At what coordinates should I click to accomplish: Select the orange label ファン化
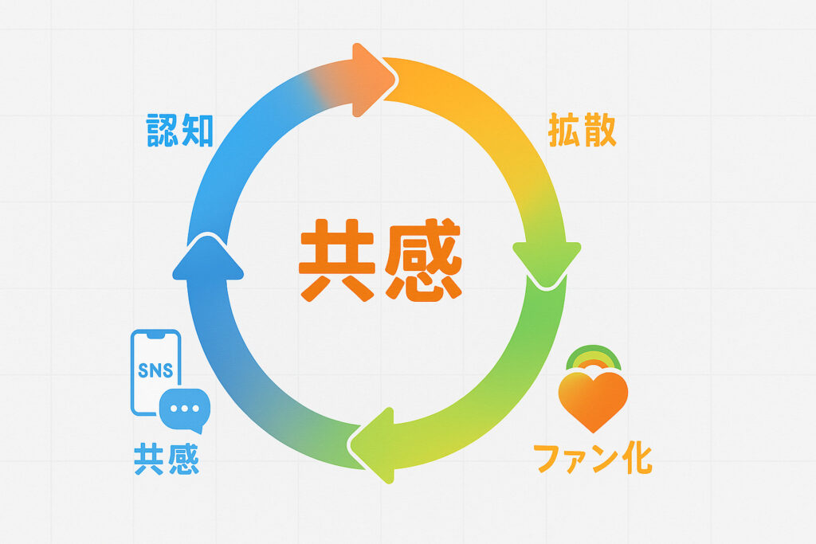pos(592,459)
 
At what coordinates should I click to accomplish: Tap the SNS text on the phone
pos(155,371)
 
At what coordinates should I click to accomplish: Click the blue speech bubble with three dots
pos(184,410)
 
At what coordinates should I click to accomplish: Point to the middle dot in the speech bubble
pos(184,408)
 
